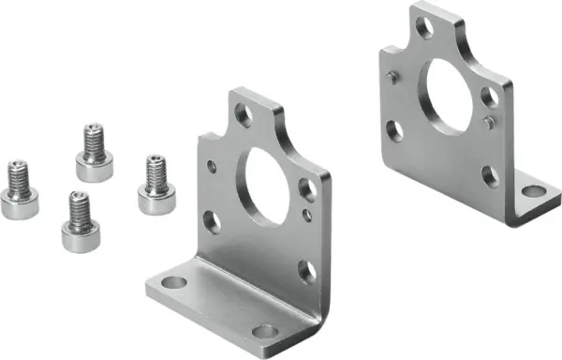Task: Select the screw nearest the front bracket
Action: click(x=156, y=186)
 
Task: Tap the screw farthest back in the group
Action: click(x=93, y=155)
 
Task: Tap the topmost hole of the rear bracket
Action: click(x=425, y=27)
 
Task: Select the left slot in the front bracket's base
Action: click(x=172, y=282)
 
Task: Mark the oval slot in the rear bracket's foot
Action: click(x=532, y=191)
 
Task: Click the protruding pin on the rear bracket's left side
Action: click(x=392, y=79)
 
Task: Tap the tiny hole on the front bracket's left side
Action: click(x=213, y=168)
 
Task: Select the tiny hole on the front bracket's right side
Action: click(x=307, y=215)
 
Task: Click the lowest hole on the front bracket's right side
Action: click(x=307, y=271)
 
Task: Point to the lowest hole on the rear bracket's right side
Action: click(x=490, y=174)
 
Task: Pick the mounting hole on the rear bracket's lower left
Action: click(x=395, y=131)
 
